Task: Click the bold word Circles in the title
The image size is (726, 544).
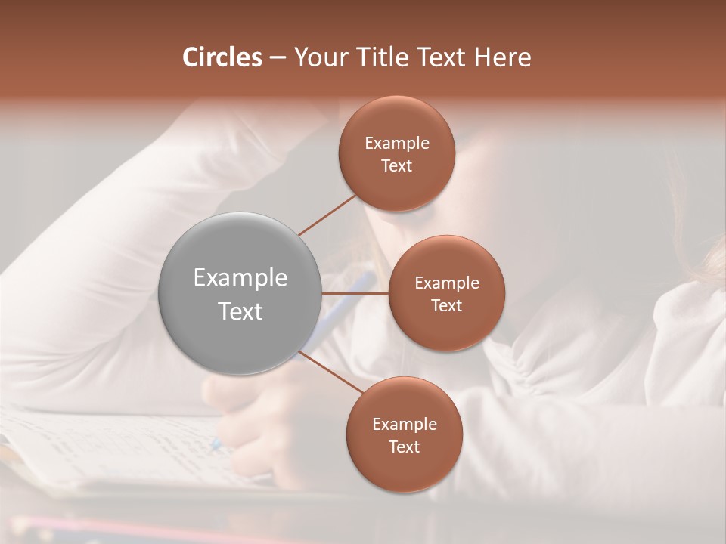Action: pyautogui.click(x=222, y=57)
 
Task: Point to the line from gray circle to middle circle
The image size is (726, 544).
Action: pyautogui.click(x=355, y=292)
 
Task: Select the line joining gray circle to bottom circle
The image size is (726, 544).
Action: pyautogui.click(x=331, y=371)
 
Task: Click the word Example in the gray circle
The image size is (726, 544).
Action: pyautogui.click(x=240, y=277)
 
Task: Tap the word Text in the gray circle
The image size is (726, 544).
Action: pyautogui.click(x=240, y=311)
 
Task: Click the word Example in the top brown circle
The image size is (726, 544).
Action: pyautogui.click(x=396, y=144)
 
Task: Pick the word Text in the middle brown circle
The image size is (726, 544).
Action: pyautogui.click(x=446, y=305)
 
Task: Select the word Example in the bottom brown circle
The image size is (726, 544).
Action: pyautogui.click(x=404, y=424)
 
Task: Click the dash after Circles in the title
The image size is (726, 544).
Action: pyautogui.click(x=278, y=57)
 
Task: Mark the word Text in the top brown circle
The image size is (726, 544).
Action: pyautogui.click(x=396, y=165)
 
